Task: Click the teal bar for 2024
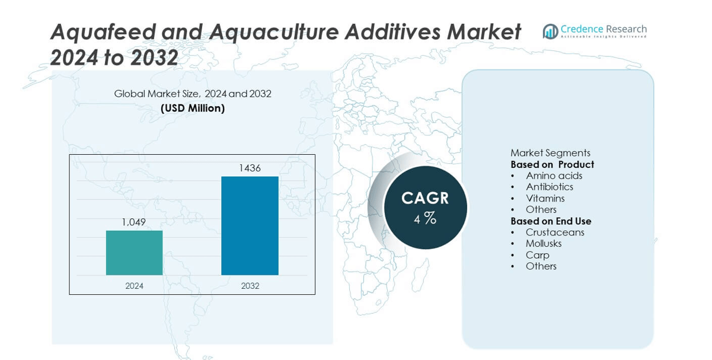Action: pos(134,253)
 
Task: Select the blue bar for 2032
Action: pos(250,226)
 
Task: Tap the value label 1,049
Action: pos(134,222)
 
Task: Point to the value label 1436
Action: pos(250,168)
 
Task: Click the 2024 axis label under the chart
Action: pos(134,286)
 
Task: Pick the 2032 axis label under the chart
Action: pos(250,286)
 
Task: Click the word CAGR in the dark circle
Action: pos(425,198)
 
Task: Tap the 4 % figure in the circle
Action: pos(425,218)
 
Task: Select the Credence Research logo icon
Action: pos(551,31)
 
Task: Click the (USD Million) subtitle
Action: pos(193,109)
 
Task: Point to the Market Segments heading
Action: pos(550,153)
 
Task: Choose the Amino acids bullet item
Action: pos(554,176)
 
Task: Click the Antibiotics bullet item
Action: pos(550,187)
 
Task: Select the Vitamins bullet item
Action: pos(545,198)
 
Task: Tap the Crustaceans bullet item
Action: pos(555,232)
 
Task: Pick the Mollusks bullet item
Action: pos(544,243)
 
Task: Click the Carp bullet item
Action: pos(538,255)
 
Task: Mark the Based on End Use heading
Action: pos(551,221)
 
